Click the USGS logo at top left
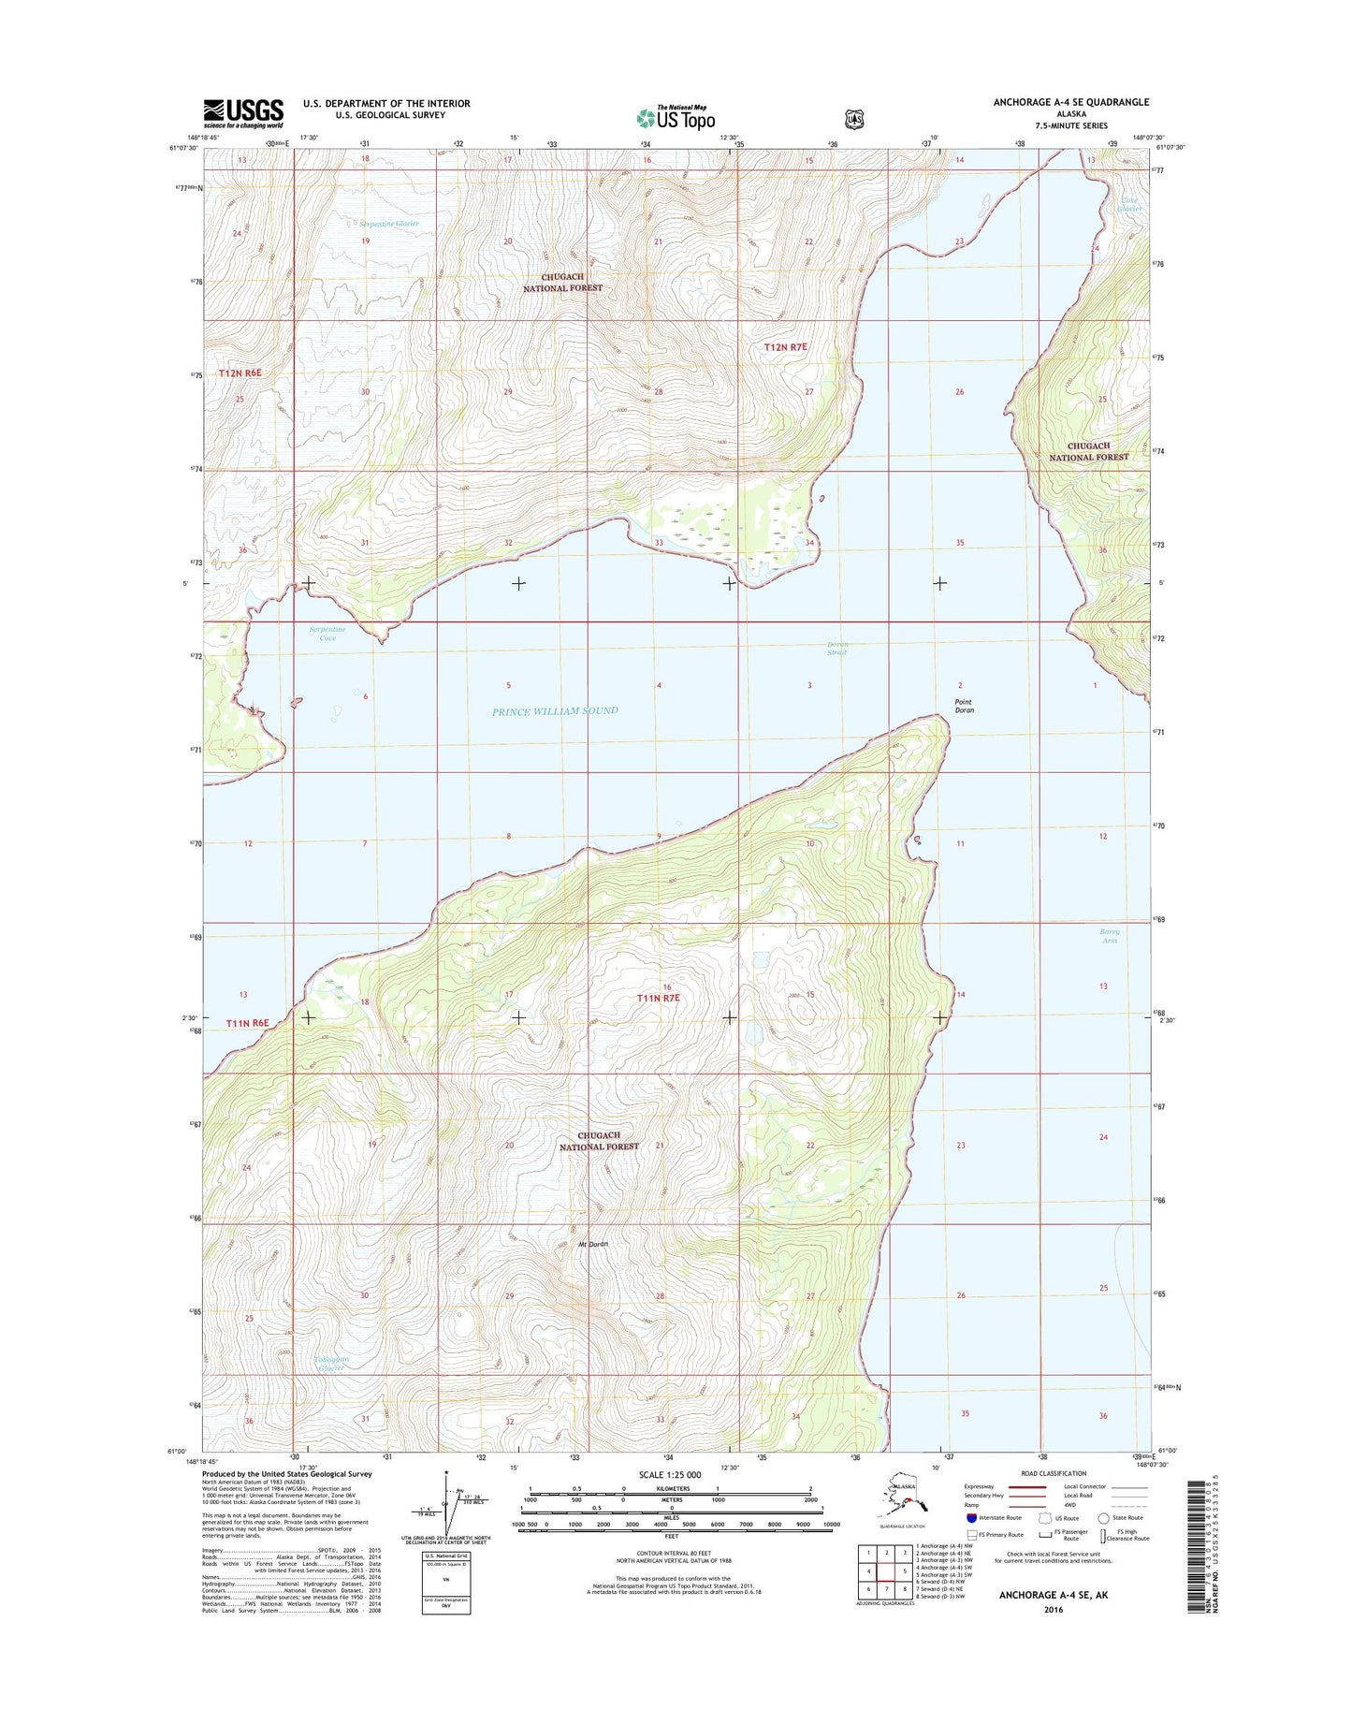click(x=243, y=113)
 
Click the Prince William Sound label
click(x=555, y=711)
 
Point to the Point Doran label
click(x=964, y=706)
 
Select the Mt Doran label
click(x=593, y=1244)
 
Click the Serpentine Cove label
click(x=327, y=634)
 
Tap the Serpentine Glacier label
click(x=389, y=225)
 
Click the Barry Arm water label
click(x=1110, y=936)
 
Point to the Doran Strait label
click(x=837, y=649)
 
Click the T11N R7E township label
click(x=658, y=999)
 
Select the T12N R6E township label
click(x=240, y=373)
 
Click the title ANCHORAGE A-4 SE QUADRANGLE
click(x=1071, y=102)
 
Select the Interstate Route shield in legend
click(x=972, y=1518)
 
